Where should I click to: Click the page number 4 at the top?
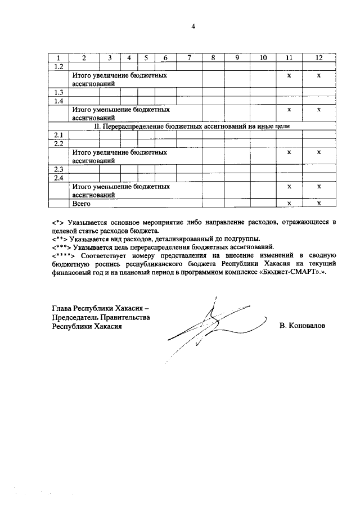[x=192, y=26]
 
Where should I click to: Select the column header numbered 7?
[x=190, y=58]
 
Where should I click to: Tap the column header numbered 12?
[x=319, y=58]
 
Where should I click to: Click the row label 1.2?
[x=57, y=66]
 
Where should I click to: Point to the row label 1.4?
[x=57, y=101]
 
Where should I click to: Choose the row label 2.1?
[x=57, y=135]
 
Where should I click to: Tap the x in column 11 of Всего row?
[x=289, y=204]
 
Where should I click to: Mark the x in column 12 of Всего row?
[x=319, y=204]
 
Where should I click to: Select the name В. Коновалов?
[x=302, y=326]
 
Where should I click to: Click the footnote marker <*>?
[x=56, y=223]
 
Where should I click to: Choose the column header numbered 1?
[x=57, y=58]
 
